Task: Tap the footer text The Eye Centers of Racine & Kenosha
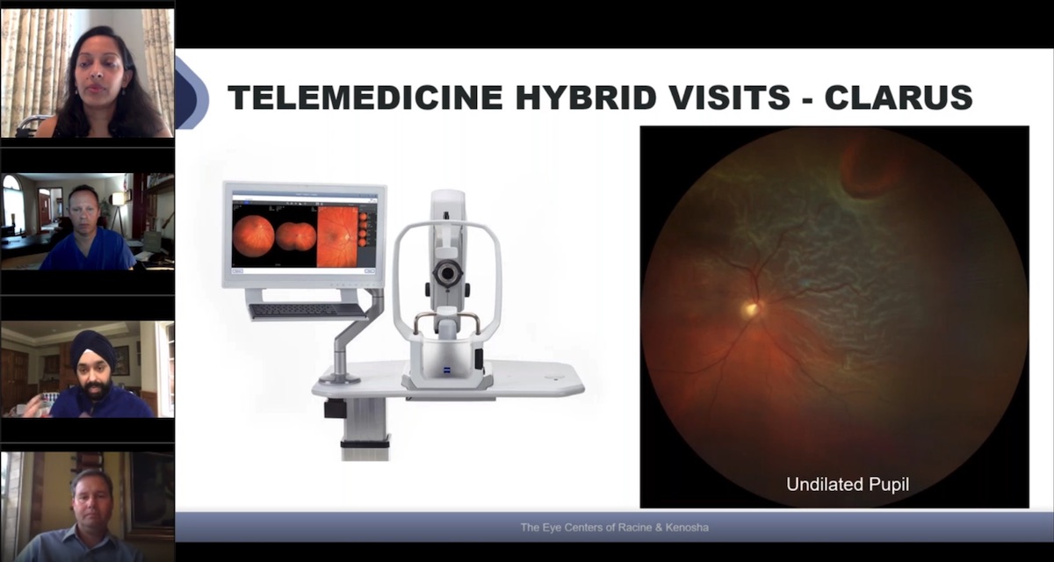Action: click(614, 528)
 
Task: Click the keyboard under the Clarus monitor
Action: click(307, 311)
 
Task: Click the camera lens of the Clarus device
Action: click(447, 275)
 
